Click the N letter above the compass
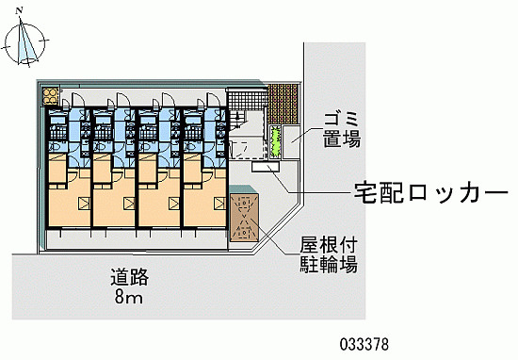coord(19,10)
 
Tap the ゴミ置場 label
coord(342,130)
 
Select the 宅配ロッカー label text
coord(430,192)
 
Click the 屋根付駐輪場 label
coord(329,254)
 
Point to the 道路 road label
coord(130,277)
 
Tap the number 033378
coord(364,345)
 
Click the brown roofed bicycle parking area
coord(244,217)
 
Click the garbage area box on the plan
coord(291,142)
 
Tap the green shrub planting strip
coord(275,142)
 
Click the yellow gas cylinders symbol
coord(50,96)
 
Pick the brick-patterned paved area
coord(283,104)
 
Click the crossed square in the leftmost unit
coord(84,204)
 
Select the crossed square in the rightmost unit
coord(219,204)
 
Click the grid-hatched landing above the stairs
coord(247,101)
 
